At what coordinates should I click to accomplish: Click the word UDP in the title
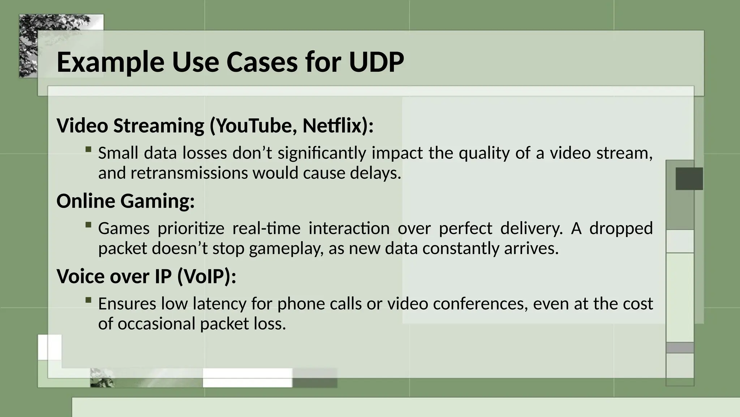(376, 62)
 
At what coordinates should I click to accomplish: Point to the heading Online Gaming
(125, 201)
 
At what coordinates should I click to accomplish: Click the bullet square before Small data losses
(88, 149)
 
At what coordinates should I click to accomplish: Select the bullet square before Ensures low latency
(88, 300)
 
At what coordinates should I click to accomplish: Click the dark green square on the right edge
(689, 178)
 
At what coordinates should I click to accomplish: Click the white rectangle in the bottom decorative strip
(247, 378)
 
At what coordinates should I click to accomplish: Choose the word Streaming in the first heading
(159, 126)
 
